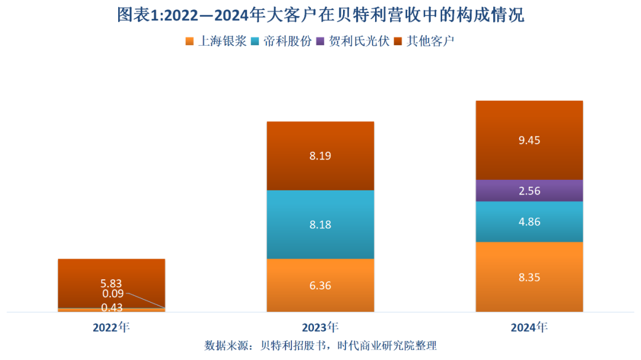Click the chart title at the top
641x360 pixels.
320,14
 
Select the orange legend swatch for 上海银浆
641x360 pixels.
189,42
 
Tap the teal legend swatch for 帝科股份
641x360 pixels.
256,42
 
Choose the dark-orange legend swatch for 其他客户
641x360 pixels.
398,42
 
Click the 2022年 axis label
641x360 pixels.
111,327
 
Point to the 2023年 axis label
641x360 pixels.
320,327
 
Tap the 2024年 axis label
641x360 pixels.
529,327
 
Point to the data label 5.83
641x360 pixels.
111,283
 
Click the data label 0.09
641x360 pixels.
111,294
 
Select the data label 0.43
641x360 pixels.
111,307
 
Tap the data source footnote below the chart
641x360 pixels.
320,346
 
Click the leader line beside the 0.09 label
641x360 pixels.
145,301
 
